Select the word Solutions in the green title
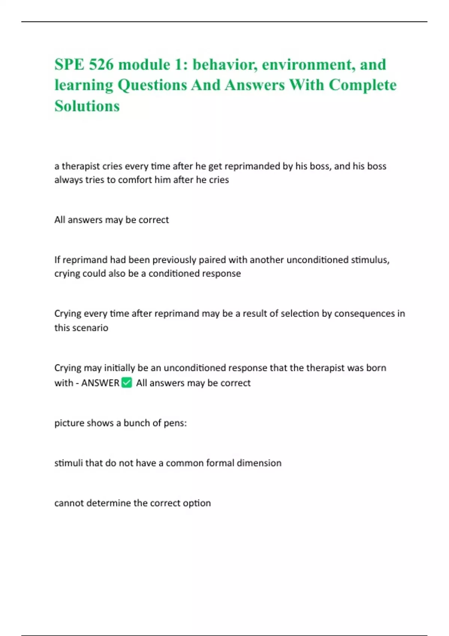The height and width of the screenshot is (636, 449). (x=87, y=106)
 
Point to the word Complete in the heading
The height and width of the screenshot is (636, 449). (x=363, y=85)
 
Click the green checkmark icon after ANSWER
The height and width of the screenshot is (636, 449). (x=127, y=383)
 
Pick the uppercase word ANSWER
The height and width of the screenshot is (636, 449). (x=100, y=383)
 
